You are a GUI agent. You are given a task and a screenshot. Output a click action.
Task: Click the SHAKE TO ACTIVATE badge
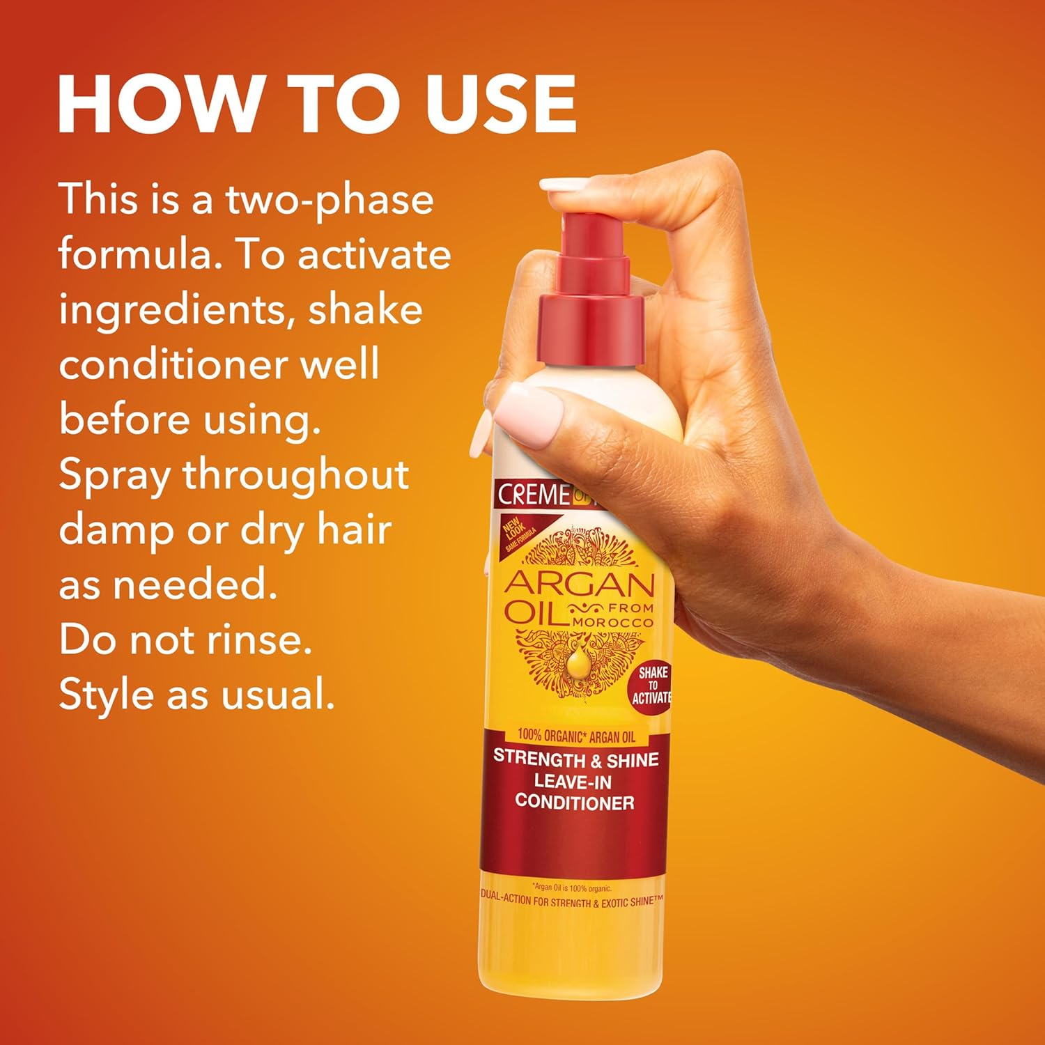tap(652, 686)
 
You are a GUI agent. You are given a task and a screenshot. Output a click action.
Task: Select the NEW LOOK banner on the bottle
tap(517, 536)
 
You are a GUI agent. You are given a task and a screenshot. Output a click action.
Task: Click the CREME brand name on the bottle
tap(534, 495)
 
